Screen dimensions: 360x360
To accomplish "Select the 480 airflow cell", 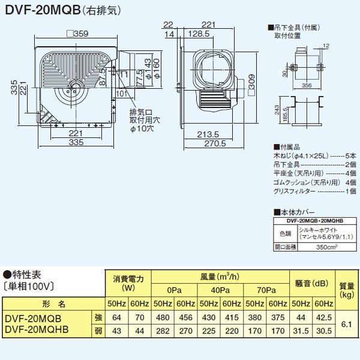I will point(162,317).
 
